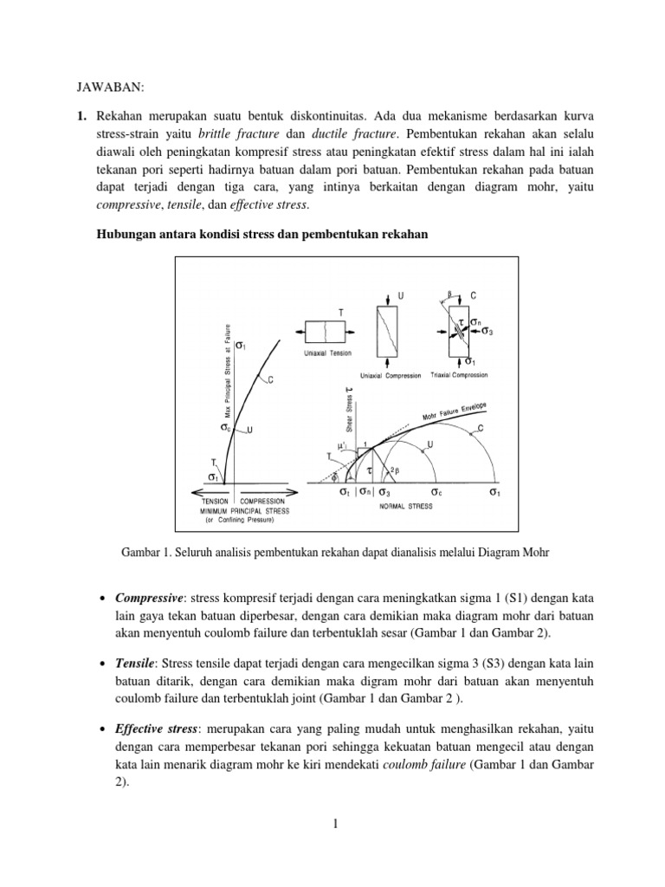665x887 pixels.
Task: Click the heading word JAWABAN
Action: tap(99, 88)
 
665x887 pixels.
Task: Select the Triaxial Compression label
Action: tap(460, 375)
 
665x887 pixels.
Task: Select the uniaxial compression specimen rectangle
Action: tap(389, 333)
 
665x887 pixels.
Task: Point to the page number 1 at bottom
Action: tap(332, 824)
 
